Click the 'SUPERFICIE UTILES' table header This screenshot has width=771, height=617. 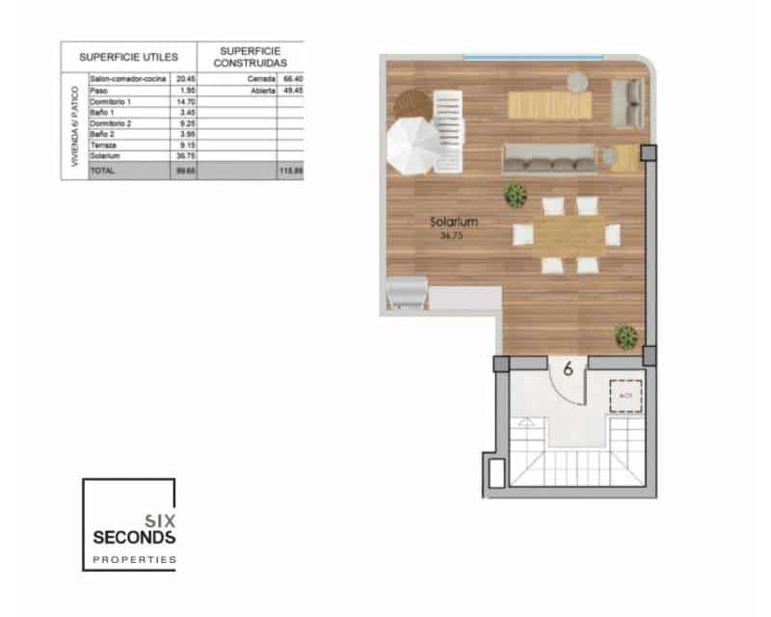tap(127, 57)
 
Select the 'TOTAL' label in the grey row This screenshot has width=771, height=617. tap(101, 171)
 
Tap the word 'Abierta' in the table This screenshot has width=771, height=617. tap(263, 90)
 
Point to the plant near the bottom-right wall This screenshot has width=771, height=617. tap(626, 336)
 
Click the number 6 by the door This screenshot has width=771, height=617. tap(569, 366)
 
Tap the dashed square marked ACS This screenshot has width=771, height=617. tap(625, 394)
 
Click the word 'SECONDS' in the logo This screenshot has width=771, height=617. tap(133, 536)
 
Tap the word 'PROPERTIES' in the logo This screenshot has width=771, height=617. tap(134, 559)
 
